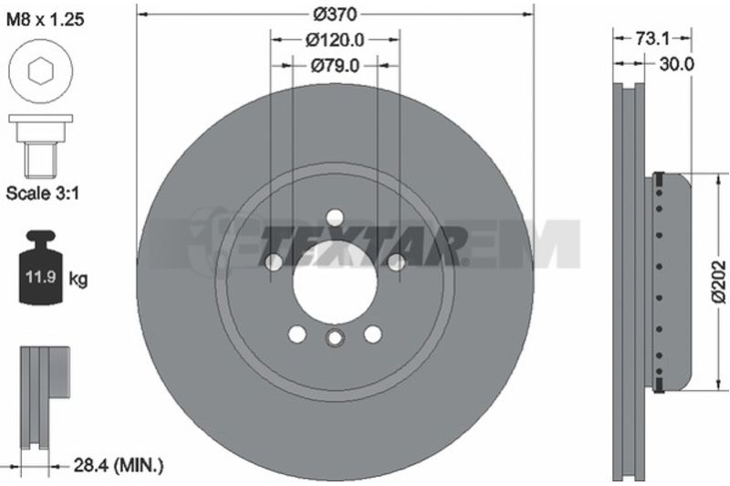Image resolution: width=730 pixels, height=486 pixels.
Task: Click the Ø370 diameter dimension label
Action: [x=335, y=14]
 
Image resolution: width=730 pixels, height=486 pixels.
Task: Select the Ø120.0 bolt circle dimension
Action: [x=335, y=40]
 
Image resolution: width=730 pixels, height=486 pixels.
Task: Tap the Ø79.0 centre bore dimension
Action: [x=335, y=66]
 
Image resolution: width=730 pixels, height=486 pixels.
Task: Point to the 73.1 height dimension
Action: [x=652, y=38]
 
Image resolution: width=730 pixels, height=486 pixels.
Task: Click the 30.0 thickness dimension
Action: [x=676, y=64]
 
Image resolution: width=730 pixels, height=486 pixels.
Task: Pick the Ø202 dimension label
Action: [x=720, y=282]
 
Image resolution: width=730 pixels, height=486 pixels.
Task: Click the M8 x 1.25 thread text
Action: [x=45, y=19]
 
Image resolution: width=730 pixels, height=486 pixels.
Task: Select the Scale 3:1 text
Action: [x=42, y=193]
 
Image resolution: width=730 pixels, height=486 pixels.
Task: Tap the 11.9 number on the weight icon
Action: [x=41, y=277]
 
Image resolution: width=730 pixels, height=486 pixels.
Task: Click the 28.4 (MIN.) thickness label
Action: [x=117, y=467]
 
